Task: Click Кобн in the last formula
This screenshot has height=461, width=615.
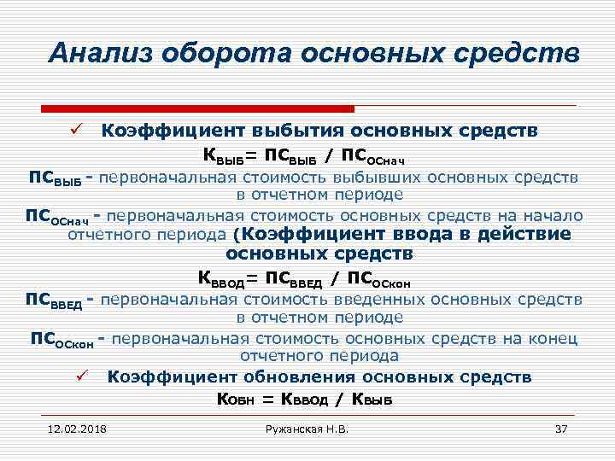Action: click(x=237, y=399)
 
